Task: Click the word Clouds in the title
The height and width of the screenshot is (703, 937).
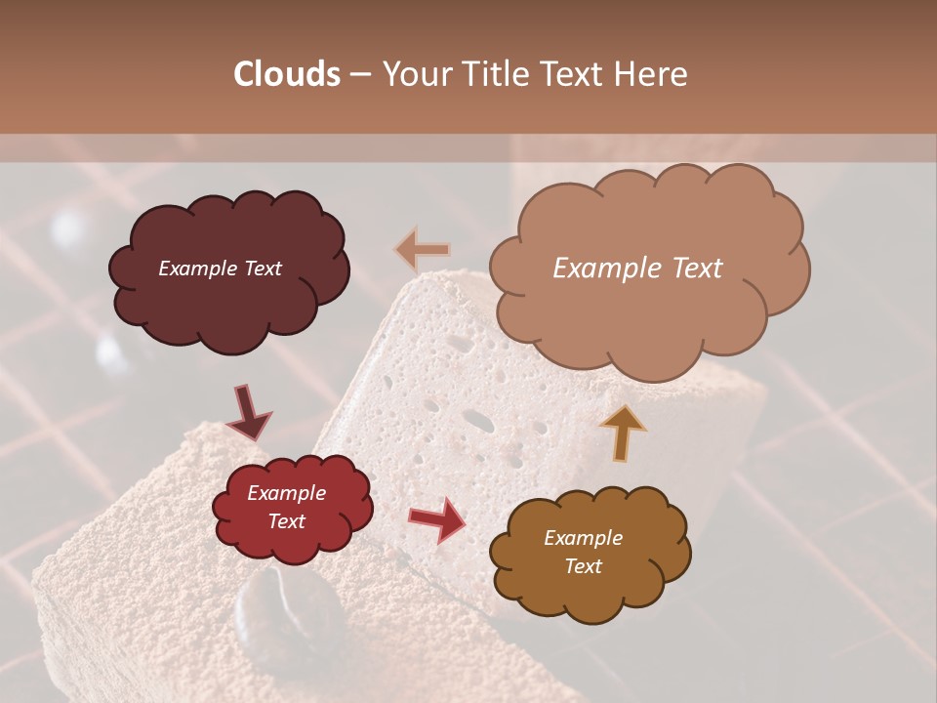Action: pyautogui.click(x=287, y=73)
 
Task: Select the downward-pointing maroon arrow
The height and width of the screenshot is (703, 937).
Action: pyautogui.click(x=249, y=413)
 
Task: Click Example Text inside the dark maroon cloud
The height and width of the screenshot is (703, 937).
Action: pyautogui.click(x=220, y=269)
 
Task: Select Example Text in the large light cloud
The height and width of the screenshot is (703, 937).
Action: pyautogui.click(x=637, y=269)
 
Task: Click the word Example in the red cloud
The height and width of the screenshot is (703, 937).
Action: pyautogui.click(x=286, y=493)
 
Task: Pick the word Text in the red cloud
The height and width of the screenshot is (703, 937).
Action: pyautogui.click(x=286, y=521)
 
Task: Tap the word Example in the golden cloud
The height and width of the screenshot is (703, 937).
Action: pyautogui.click(x=583, y=538)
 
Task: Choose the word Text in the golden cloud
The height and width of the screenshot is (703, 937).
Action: pyautogui.click(x=583, y=566)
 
